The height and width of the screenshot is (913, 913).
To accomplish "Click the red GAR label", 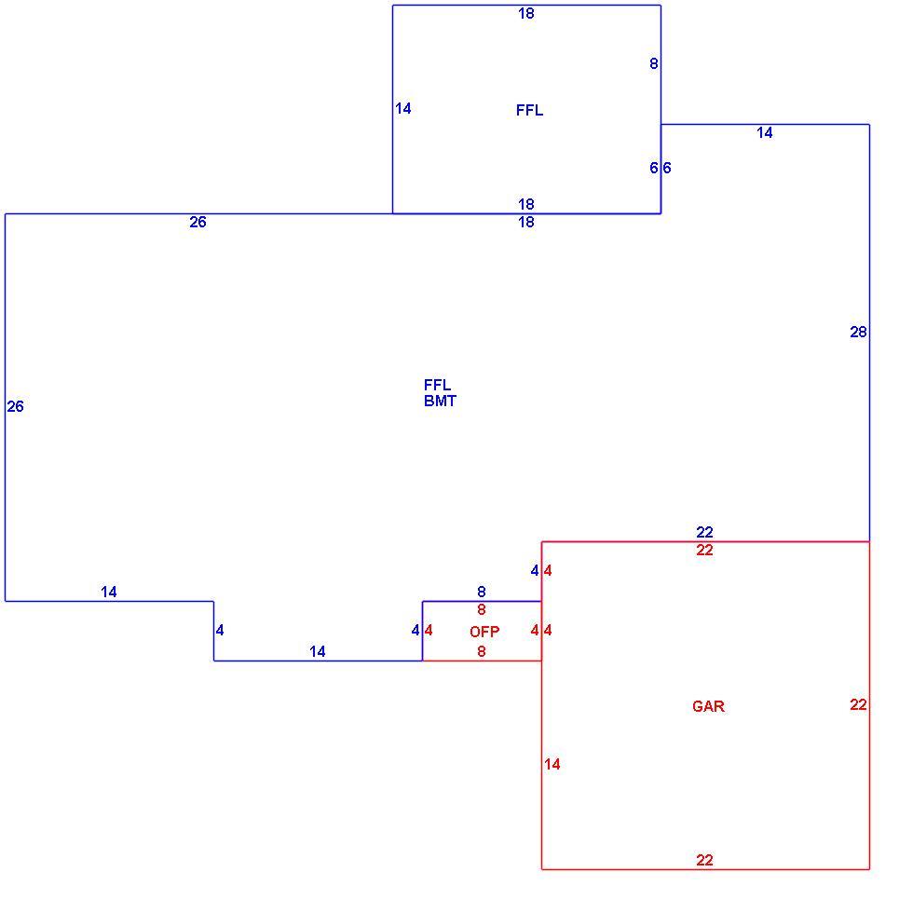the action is click(708, 706).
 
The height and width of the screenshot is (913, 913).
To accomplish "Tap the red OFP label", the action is click(484, 632).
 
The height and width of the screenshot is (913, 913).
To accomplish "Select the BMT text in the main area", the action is click(440, 401).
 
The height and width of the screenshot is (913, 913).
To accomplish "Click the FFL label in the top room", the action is click(529, 110).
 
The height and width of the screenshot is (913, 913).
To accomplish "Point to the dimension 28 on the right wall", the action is click(858, 332).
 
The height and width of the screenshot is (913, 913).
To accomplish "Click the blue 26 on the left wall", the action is click(16, 406).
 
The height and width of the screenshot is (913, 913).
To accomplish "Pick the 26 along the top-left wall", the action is click(198, 222).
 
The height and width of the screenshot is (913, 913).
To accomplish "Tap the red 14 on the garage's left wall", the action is click(552, 764).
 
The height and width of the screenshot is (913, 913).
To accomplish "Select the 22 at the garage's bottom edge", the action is click(704, 860).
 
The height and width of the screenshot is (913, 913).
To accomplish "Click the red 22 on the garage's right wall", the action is click(858, 704).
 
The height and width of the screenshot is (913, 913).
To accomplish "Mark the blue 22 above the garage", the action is click(704, 532).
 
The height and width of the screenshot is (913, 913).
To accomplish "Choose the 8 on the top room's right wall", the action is click(654, 63).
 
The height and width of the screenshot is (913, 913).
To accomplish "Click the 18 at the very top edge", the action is click(526, 13).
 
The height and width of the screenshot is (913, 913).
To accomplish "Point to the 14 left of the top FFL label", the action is click(402, 108).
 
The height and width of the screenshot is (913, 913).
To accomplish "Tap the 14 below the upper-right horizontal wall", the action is click(765, 132).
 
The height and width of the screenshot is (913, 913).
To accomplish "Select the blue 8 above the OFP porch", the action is click(481, 592).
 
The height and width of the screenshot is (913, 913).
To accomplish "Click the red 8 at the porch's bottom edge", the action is click(481, 651).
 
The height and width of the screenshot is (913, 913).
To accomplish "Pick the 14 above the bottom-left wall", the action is click(109, 592).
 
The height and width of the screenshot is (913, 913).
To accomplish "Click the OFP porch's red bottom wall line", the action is click(483, 661).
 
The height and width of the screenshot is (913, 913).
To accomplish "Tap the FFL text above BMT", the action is click(437, 385).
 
